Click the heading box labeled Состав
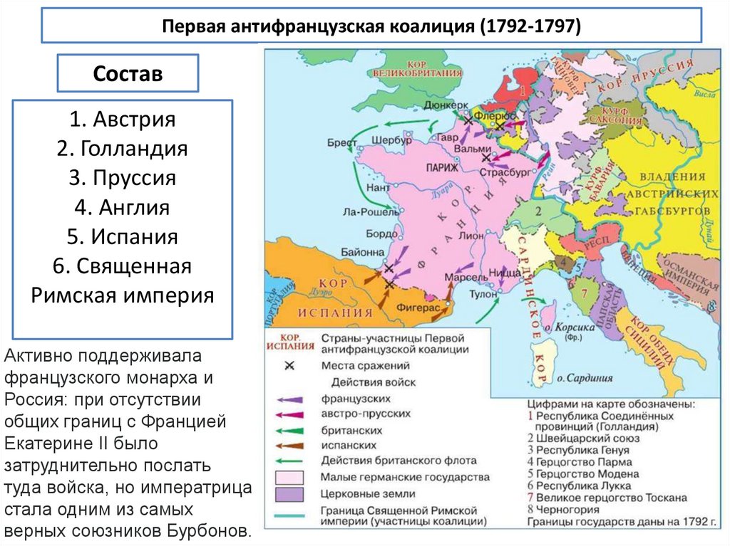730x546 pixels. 128,73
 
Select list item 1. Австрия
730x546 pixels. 123,119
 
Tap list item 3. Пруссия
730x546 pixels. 123,177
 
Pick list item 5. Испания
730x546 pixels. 123,236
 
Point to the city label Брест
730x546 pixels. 341,142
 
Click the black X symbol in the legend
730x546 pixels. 289,366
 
